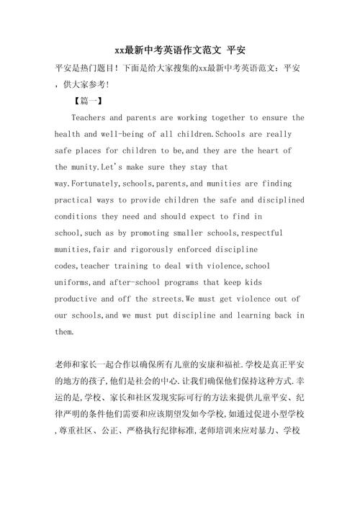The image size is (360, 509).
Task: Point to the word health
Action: [x=70, y=134]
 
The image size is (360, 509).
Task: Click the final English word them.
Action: [x=65, y=332]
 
